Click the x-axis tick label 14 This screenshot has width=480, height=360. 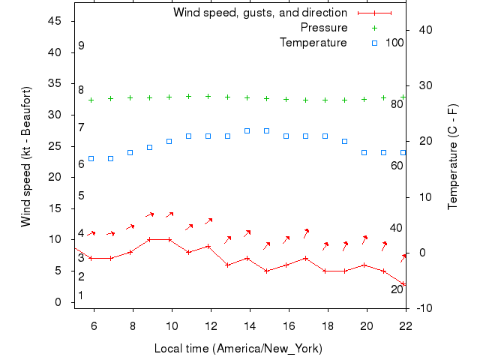pyautogui.click(x=250, y=325)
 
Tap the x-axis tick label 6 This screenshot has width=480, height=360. pyautogui.click(x=94, y=325)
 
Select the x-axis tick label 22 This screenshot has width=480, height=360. pyautogui.click(x=406, y=325)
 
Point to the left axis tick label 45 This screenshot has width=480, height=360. pyautogui.click(x=55, y=21)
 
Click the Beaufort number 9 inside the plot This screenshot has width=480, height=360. pyautogui.click(x=81, y=46)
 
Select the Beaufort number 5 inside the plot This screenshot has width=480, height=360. pyautogui.click(x=81, y=196)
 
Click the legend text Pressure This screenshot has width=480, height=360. pyautogui.click(x=324, y=28)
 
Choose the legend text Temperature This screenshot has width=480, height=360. pyautogui.click(x=313, y=43)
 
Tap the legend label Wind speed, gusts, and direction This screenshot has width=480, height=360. pyautogui.click(x=260, y=13)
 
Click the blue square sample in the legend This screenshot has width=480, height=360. pyautogui.click(x=375, y=43)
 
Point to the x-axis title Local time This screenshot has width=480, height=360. pyautogui.click(x=238, y=349)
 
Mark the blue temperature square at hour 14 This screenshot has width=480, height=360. pyautogui.click(x=247, y=130)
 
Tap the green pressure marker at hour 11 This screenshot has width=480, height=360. pyautogui.click(x=188, y=96)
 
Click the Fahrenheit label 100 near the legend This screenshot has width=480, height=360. pyautogui.click(x=395, y=43)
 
